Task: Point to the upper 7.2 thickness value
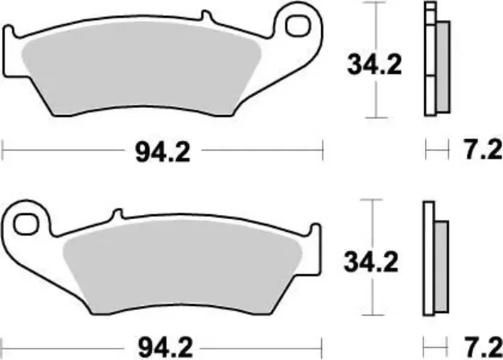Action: (x=480, y=150)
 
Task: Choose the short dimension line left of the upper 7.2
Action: (x=435, y=150)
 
